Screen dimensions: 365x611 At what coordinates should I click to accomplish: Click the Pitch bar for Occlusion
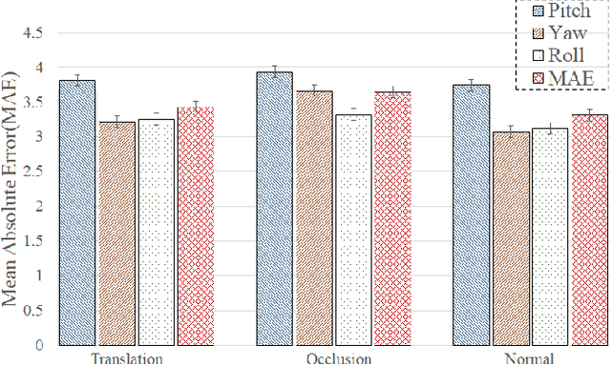click(275, 209)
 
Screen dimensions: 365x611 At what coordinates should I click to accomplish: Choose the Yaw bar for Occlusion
click(314, 218)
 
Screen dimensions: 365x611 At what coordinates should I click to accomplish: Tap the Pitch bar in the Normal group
click(471, 214)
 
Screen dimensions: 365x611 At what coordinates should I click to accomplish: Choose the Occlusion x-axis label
click(333, 358)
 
